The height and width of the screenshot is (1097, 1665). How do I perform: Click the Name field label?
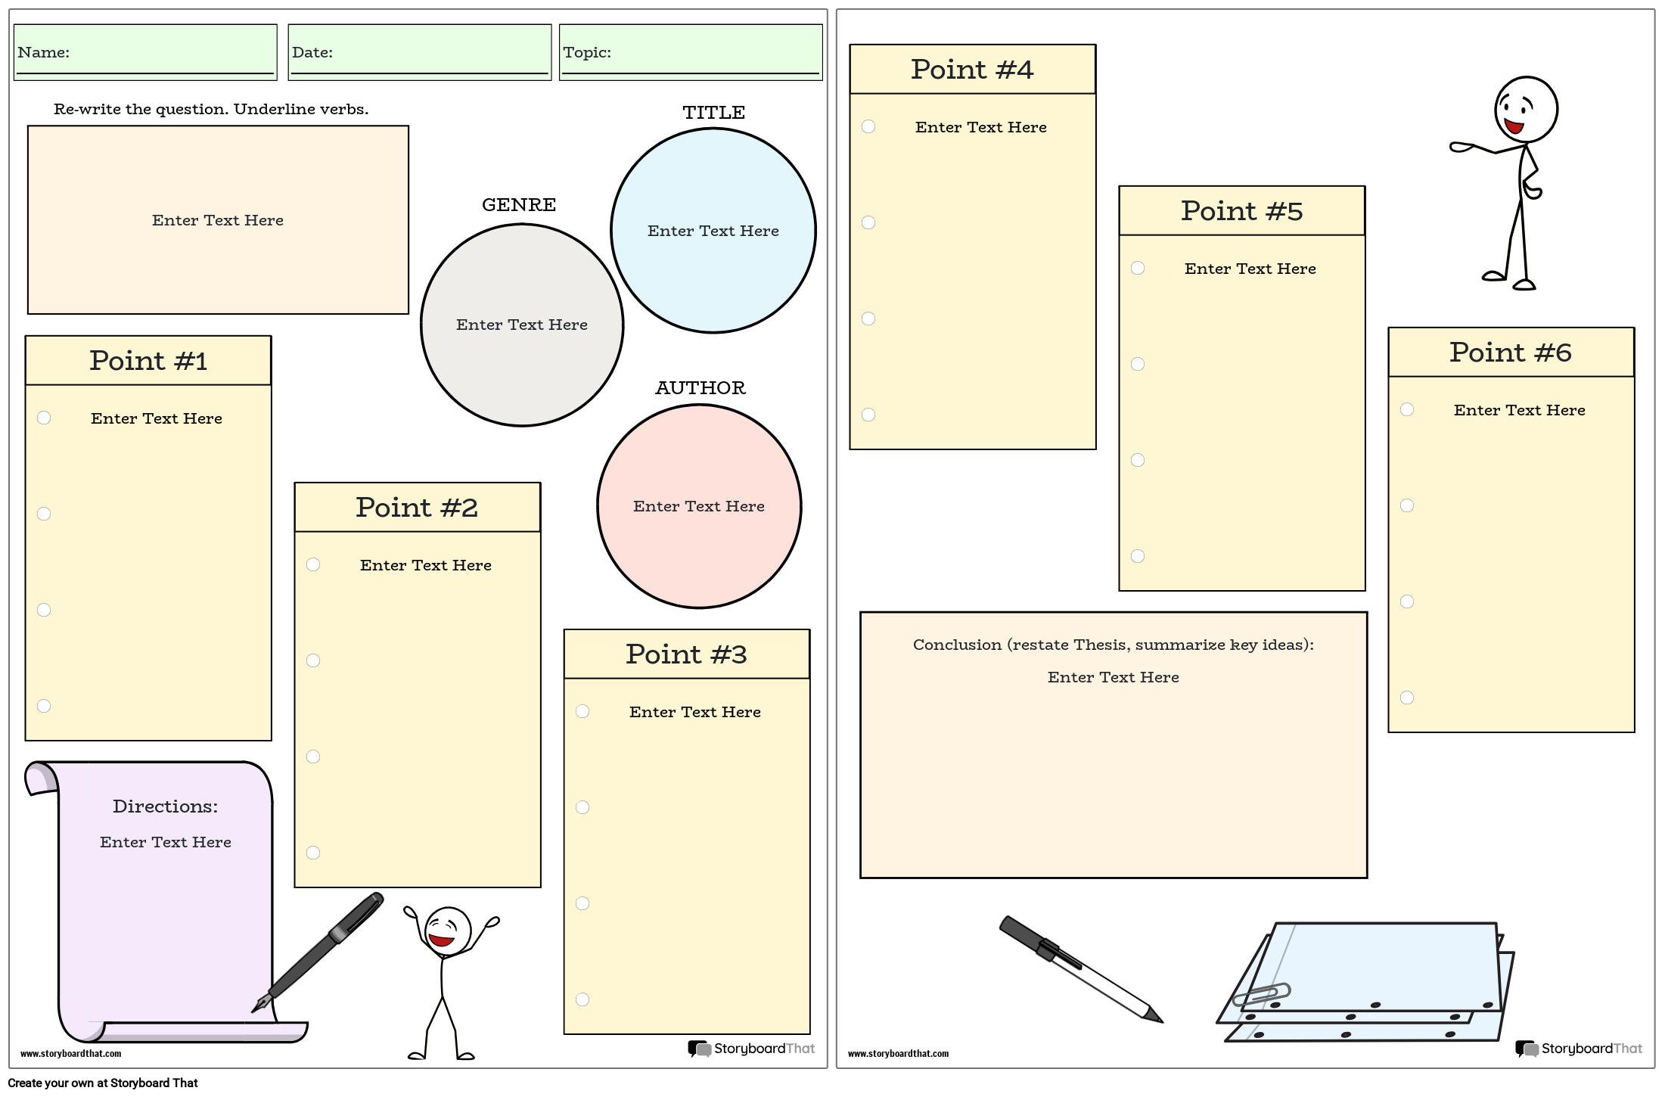point(43,52)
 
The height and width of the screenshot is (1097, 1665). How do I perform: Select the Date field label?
point(312,52)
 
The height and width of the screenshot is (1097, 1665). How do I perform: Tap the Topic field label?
point(586,52)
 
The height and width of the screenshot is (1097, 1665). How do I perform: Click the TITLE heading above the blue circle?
point(713,113)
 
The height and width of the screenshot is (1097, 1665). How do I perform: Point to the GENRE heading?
point(519,205)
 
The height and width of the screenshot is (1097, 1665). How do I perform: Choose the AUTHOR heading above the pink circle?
point(700,388)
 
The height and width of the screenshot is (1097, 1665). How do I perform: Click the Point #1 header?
point(148,361)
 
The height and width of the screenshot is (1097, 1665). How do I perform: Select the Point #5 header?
point(1241,211)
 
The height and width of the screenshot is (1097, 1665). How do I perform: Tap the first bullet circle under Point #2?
point(313,564)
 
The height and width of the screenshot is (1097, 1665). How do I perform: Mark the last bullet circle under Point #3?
point(582,999)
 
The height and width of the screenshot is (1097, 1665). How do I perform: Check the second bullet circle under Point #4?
point(868,222)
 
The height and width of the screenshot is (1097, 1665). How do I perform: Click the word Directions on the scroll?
point(165,806)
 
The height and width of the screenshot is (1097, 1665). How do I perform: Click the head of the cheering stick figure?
point(447,931)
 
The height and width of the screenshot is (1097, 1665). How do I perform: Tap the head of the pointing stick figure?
point(1526,110)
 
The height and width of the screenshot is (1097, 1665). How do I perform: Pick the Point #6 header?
point(1511,353)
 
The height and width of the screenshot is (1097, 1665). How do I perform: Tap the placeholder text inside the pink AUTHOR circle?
point(698,506)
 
